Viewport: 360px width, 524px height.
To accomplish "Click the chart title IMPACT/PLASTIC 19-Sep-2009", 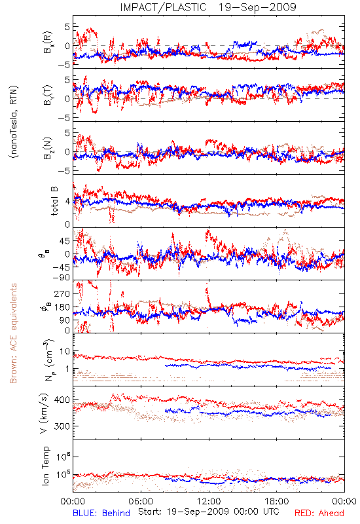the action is [x=208, y=7].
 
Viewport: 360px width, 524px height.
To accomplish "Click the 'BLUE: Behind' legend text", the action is [x=101, y=513].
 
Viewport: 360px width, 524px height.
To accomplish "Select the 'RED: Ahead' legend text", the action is [x=319, y=513].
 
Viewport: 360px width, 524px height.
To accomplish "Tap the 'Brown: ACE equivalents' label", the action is [x=13, y=333].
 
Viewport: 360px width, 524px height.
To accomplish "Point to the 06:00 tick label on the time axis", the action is [x=141, y=501].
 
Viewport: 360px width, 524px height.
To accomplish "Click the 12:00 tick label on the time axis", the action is [x=209, y=501].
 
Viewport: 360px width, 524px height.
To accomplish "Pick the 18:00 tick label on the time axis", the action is [x=277, y=501].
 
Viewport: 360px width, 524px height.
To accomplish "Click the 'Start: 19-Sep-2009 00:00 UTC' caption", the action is [x=209, y=512].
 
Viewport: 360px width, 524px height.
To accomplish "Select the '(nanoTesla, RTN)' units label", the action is [x=14, y=121].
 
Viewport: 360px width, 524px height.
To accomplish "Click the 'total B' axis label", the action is [x=54, y=201].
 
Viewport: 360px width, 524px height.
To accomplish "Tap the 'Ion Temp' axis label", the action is [x=45, y=466].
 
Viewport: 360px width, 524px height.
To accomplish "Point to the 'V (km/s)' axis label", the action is [x=45, y=413].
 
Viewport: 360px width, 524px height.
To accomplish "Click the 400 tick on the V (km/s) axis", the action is [x=62, y=400].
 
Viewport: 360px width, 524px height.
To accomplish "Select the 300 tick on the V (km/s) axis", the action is [x=62, y=426].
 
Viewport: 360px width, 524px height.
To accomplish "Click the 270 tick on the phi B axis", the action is [x=62, y=293].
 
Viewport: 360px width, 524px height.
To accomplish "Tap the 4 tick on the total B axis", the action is [x=67, y=202].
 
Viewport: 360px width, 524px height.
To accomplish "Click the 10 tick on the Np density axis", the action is [x=65, y=352].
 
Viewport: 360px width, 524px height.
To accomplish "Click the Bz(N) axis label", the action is [x=47, y=148].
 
